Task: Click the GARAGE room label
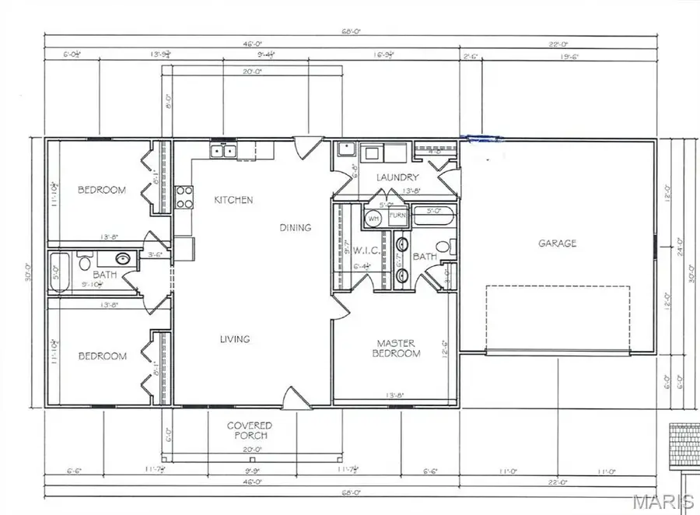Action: coord(558,243)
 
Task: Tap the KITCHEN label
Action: coord(233,200)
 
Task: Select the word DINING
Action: coord(296,228)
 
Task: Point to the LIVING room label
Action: coord(234,339)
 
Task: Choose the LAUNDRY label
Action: coord(397,177)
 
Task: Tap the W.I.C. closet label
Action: coord(366,250)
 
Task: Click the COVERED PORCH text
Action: coord(249,430)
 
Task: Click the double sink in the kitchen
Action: coord(224,151)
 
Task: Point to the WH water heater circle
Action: coord(373,219)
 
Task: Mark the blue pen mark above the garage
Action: coord(482,139)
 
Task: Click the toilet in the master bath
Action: coord(443,247)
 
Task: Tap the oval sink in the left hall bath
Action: coord(124,259)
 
